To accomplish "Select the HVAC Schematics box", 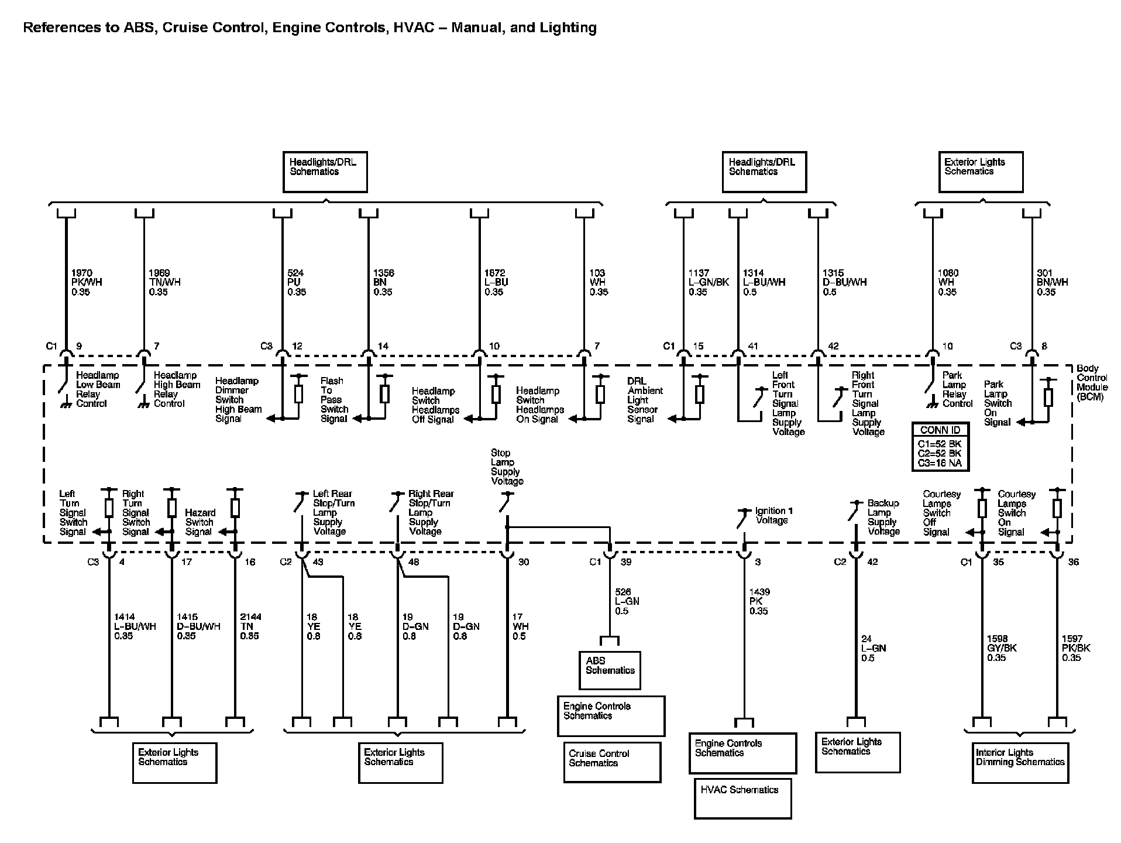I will point(742,798).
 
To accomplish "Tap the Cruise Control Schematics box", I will point(612,762).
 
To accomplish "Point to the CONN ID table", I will point(940,447).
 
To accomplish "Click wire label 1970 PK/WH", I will point(86,282).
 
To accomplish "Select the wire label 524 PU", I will point(296,282).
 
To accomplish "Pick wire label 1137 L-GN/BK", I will point(708,282).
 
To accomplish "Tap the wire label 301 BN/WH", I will point(1052,282).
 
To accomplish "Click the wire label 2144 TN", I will point(250,626).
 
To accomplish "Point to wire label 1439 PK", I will point(759,601).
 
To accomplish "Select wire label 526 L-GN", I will point(627,601).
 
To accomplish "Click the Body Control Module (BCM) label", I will point(1092,383).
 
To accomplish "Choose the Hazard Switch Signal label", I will point(200,522).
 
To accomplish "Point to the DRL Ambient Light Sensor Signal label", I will point(645,400).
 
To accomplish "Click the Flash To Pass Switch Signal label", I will point(333,400).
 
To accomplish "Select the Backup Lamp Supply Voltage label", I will point(883,518).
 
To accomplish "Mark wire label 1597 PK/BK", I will point(1076,648).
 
